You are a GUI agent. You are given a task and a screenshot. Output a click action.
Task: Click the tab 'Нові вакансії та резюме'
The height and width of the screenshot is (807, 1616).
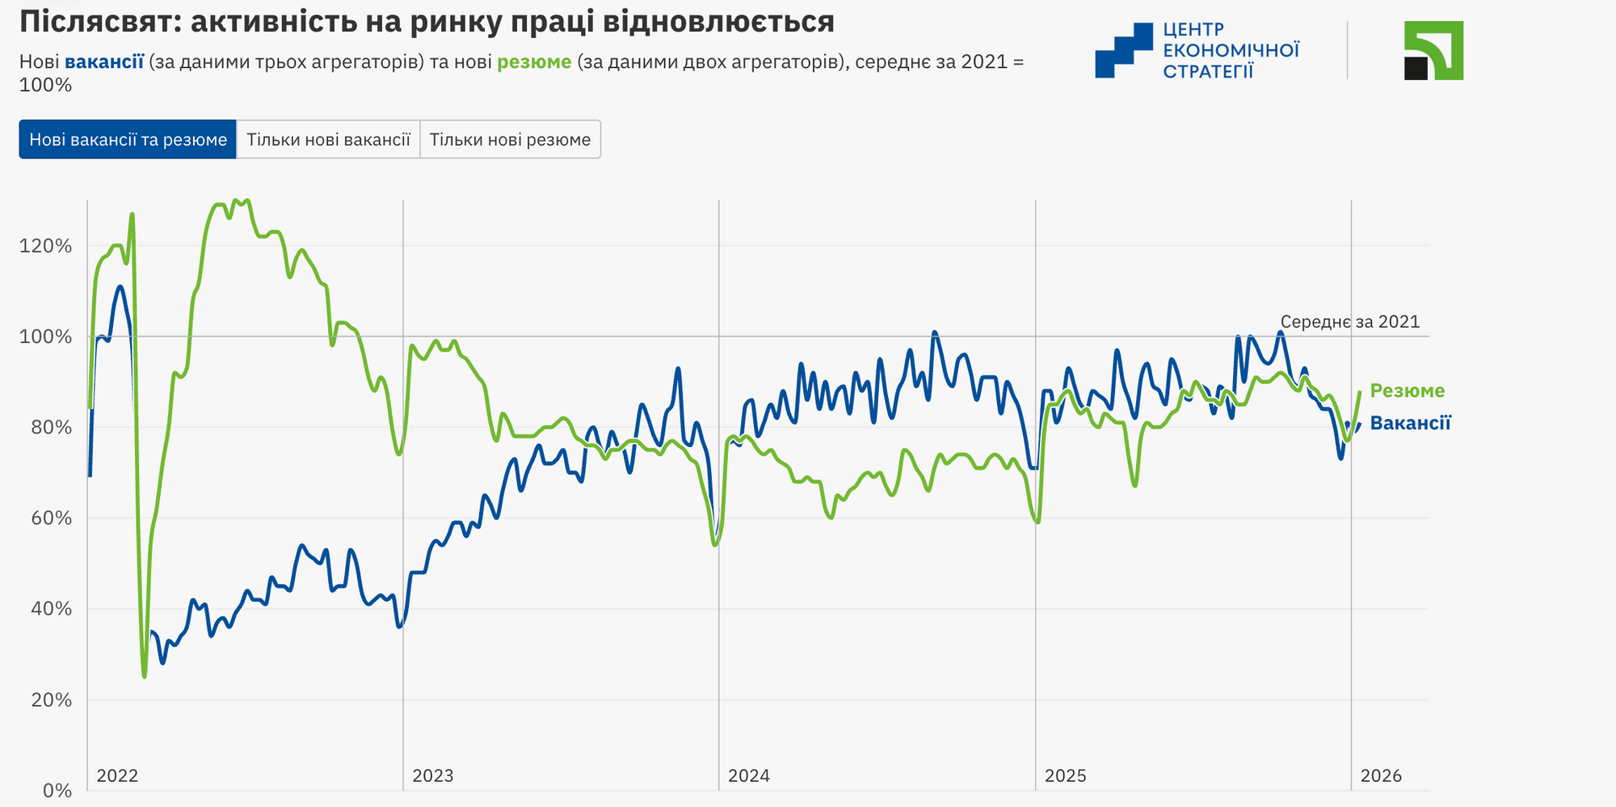[x=128, y=140]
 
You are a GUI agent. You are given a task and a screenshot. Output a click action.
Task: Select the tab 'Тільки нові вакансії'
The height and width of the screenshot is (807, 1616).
[x=328, y=140]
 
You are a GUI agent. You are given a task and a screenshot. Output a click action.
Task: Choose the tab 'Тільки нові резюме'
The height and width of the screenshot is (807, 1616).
[x=510, y=140]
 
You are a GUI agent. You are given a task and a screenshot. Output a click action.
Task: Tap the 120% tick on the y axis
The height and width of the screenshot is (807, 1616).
[x=45, y=246]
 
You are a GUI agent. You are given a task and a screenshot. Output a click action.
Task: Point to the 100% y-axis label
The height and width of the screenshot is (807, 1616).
[x=45, y=336]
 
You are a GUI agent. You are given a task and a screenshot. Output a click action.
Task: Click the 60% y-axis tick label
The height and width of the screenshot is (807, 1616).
[x=45, y=518]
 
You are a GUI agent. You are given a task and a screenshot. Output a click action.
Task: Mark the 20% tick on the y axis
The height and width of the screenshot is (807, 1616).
[x=45, y=700]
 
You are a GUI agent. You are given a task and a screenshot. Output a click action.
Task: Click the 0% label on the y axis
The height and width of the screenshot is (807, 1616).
[x=57, y=791]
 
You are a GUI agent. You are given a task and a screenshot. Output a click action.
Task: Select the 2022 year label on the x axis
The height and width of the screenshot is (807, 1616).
[x=117, y=776]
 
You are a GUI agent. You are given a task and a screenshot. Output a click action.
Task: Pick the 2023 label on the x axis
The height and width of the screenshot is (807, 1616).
[x=433, y=776]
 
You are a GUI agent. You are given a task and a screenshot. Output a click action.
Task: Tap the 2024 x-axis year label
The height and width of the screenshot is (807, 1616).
[x=749, y=776]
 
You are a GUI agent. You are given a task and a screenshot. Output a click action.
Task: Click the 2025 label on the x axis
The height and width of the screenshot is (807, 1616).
[x=1066, y=776]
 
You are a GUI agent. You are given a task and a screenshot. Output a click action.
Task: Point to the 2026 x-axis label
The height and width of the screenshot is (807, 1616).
[x=1382, y=776]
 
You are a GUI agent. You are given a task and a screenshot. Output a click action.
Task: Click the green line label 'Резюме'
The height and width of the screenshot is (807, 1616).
[x=1408, y=391]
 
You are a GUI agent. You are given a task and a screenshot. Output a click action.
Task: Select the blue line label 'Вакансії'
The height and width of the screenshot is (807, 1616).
[x=1411, y=424]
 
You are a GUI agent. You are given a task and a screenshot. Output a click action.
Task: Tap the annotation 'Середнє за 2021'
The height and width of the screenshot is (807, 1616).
[x=1350, y=322]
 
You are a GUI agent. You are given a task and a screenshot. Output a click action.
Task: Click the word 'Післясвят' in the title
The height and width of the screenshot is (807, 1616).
[x=95, y=22]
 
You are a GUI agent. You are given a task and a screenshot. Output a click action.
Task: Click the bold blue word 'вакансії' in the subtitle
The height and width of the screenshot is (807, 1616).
[x=104, y=62]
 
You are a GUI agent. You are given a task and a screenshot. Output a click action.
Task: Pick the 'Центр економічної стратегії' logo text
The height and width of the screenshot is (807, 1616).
[x=1231, y=50]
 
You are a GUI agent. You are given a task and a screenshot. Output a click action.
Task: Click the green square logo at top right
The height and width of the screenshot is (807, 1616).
[x=1433, y=50]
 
